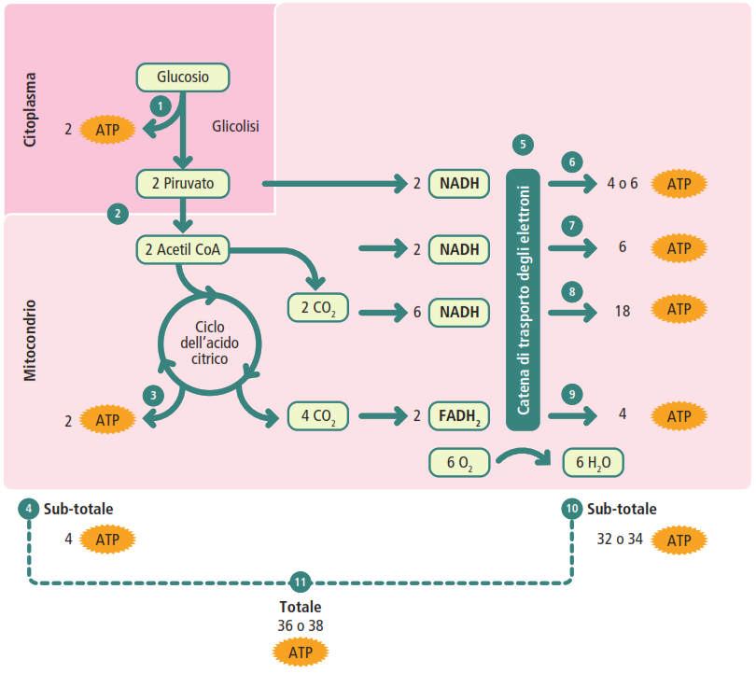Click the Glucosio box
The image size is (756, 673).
pos(183,77)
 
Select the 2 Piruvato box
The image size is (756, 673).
pos(183,184)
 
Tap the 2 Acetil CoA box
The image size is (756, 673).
pos(183,249)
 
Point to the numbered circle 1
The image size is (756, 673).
pos(161,106)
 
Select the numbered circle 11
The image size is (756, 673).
pos(300,582)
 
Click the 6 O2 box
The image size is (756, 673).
pos(459,462)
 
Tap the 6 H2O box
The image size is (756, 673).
pos(593,462)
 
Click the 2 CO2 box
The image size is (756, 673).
pos(318,306)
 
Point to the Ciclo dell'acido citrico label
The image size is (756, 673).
pos(209,344)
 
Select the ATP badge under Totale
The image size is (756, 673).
pos(301,651)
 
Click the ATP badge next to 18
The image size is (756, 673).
pos(679,309)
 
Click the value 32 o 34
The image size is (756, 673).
pos(620,540)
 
